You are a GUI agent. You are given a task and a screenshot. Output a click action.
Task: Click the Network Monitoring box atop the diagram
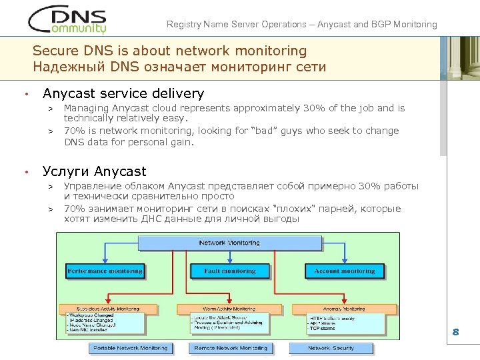click(x=229, y=243)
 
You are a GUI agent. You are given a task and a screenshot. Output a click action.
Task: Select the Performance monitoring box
click(x=105, y=271)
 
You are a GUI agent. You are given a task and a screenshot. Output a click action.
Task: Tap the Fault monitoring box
click(x=229, y=271)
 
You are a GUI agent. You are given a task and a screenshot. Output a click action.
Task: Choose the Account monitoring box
click(x=344, y=271)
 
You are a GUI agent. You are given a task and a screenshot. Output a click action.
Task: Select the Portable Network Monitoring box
click(x=131, y=348)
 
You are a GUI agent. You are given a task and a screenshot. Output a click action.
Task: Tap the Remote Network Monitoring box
click(x=230, y=348)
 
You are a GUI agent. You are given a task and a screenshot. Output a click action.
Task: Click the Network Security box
click(x=331, y=348)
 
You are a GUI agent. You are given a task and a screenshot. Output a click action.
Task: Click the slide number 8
click(x=456, y=332)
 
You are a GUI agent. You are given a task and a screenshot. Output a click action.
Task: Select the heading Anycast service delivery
click(x=123, y=94)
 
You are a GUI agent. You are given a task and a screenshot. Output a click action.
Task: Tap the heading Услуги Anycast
click(x=94, y=171)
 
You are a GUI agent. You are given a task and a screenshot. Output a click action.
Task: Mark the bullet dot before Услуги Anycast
click(x=25, y=172)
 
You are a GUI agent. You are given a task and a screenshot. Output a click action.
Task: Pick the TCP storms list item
click(x=324, y=329)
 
